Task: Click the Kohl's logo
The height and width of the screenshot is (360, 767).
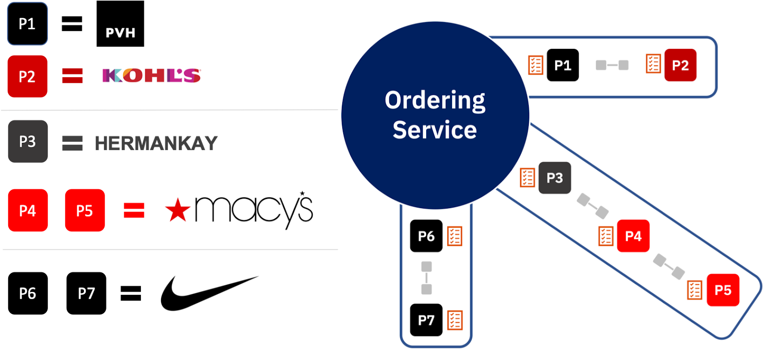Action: pos(152,76)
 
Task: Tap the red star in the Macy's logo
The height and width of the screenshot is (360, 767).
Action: pos(177,210)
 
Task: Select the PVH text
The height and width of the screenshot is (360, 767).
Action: pos(120,33)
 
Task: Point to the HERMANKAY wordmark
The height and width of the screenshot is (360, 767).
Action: pos(156,143)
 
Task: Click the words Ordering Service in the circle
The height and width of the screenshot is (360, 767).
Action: pos(435,115)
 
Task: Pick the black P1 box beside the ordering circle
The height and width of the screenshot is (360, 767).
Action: pos(562,65)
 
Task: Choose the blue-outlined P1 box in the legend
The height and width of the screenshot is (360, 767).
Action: pos(27,24)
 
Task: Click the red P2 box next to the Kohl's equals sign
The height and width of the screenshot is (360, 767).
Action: pos(27,77)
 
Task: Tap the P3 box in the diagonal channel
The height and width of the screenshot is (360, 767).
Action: pos(555,178)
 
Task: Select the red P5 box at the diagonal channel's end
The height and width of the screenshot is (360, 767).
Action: pos(723,290)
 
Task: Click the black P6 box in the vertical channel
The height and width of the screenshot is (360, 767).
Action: pos(426,236)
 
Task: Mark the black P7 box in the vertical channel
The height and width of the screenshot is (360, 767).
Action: pos(426,320)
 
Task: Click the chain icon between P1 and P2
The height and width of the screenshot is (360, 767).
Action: pos(612,65)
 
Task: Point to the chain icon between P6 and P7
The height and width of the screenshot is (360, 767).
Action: pos(426,278)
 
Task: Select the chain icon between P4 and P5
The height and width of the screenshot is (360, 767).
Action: pos(669,267)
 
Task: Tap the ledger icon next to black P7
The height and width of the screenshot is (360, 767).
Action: pos(454,320)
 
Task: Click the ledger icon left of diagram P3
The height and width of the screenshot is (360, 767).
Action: pos(527,177)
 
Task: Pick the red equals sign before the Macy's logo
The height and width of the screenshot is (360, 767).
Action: pos(134,210)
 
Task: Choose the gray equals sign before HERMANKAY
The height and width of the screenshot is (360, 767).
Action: pos(72,143)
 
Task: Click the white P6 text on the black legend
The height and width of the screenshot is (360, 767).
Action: pos(27,293)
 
